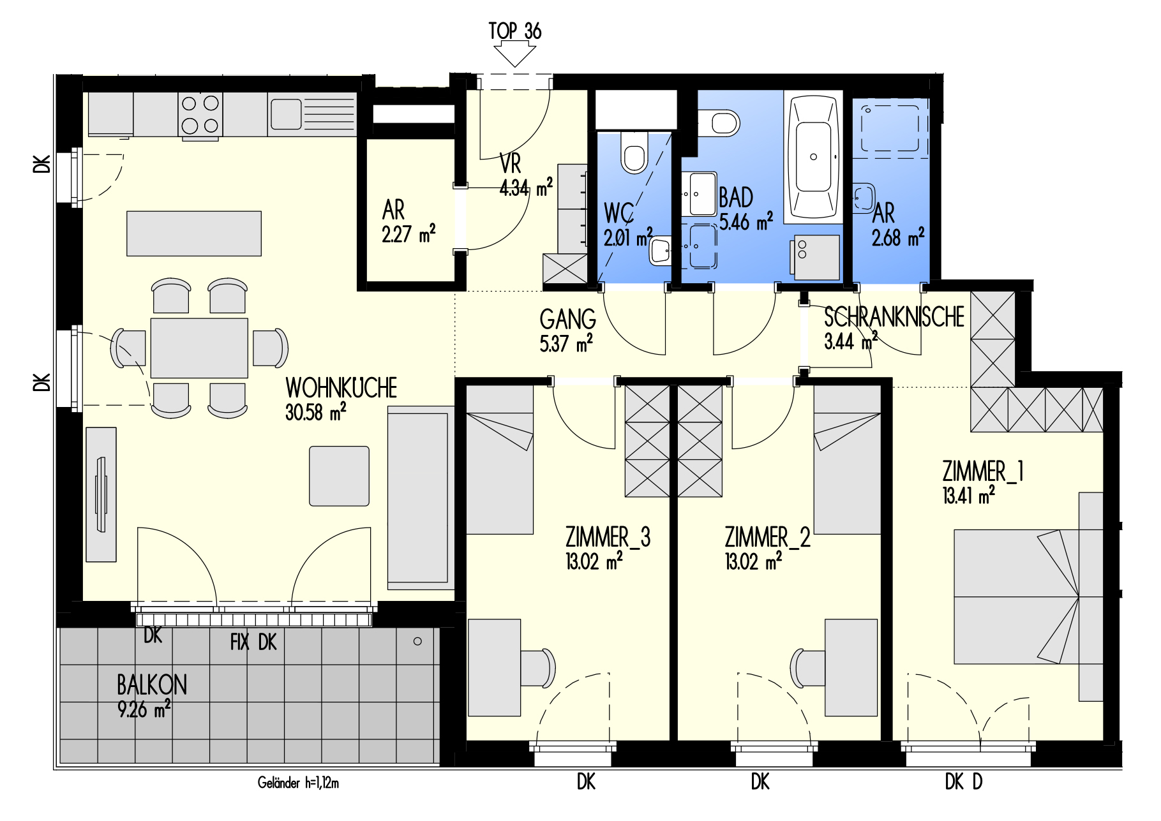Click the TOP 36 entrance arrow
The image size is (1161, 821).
(x=514, y=54)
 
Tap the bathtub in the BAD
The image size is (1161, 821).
(x=813, y=158)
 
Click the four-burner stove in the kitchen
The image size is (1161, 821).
(x=200, y=114)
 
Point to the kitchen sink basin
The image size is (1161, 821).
(x=286, y=114)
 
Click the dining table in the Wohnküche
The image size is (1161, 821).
(x=199, y=348)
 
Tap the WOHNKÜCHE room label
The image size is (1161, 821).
(x=341, y=388)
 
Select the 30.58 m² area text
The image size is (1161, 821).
(x=316, y=412)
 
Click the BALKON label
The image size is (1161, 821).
(x=152, y=685)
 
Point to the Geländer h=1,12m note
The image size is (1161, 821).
(x=298, y=783)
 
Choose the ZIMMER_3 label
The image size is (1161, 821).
(x=608, y=537)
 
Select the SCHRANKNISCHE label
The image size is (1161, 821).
(x=894, y=317)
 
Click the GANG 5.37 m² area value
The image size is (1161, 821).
(x=566, y=343)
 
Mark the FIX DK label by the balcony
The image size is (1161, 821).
(x=253, y=642)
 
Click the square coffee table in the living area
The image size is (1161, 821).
(x=339, y=476)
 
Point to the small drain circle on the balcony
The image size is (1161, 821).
(x=417, y=641)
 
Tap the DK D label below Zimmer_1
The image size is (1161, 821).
(x=964, y=781)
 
